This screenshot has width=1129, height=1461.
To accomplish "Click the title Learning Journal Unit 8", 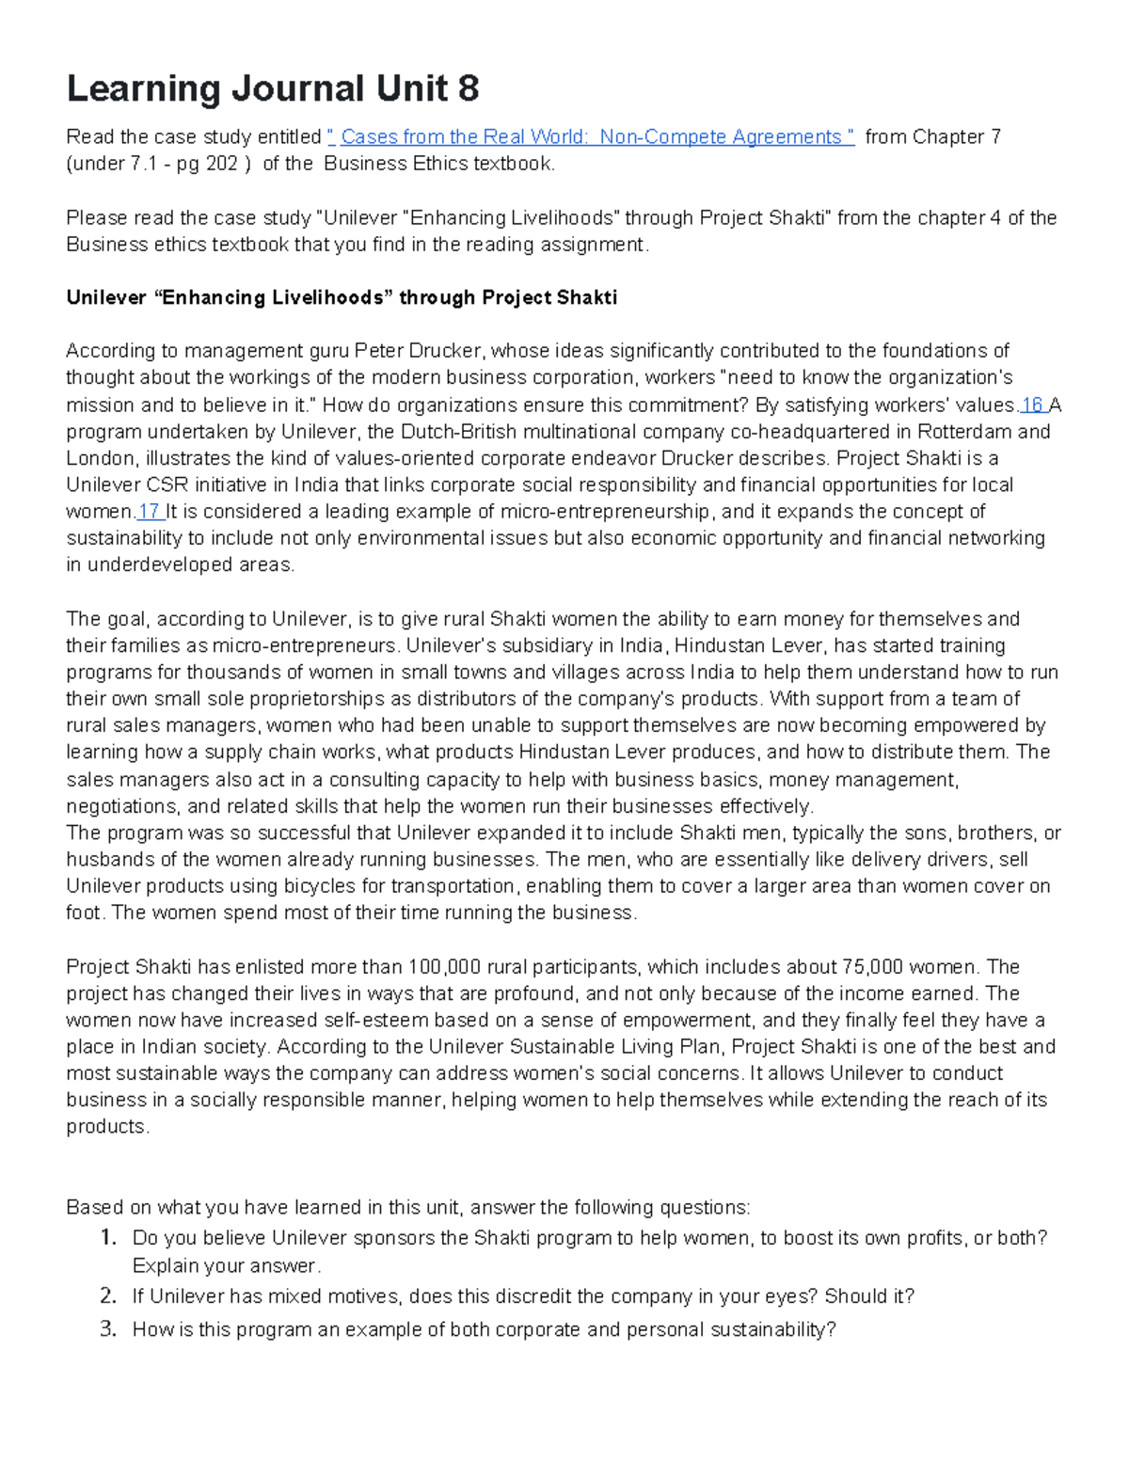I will [x=273, y=89].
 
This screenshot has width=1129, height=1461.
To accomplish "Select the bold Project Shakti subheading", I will [x=342, y=298].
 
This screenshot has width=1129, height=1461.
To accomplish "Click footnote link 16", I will [x=1032, y=405].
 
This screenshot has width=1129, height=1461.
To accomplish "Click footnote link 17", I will [x=149, y=512].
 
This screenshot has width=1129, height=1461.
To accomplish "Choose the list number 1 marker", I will [x=108, y=1238].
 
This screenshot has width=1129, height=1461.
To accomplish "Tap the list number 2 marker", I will [x=108, y=1296].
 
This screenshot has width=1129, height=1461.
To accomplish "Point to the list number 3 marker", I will [x=108, y=1329].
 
